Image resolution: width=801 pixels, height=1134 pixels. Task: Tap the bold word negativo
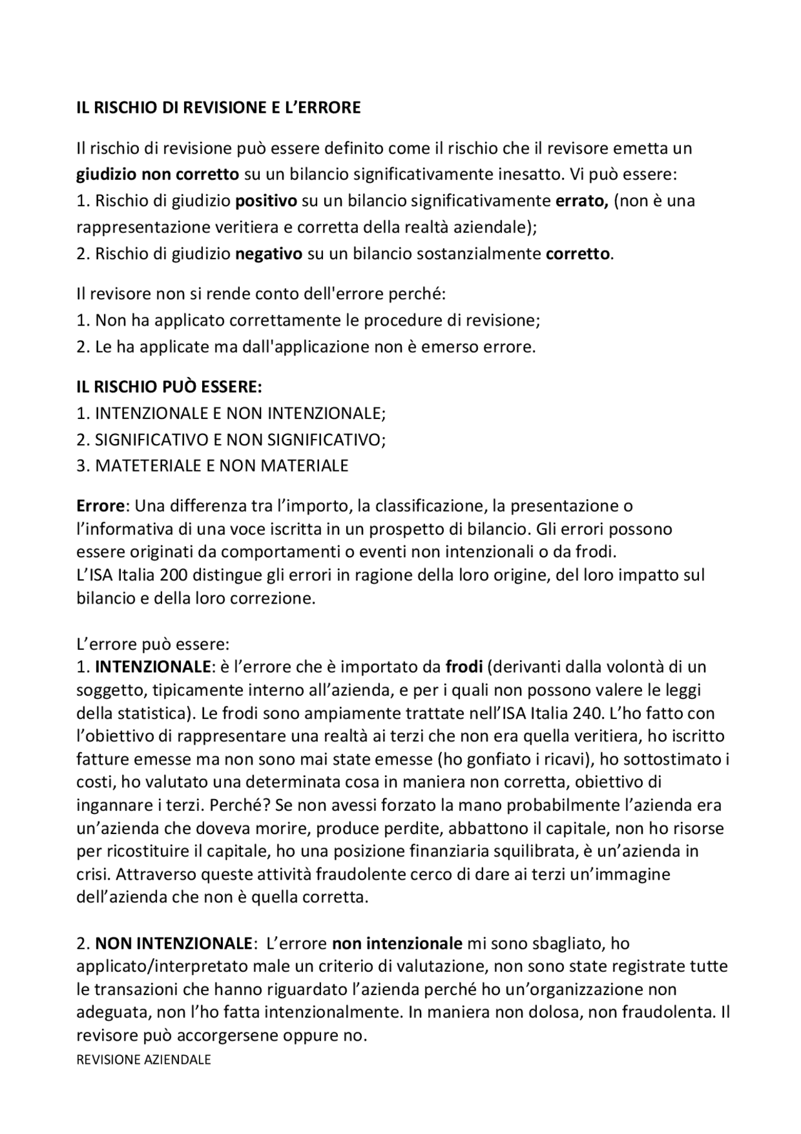click(268, 254)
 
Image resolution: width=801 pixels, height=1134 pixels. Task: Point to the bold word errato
click(581, 201)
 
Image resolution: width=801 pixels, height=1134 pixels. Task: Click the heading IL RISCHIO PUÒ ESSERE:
click(169, 387)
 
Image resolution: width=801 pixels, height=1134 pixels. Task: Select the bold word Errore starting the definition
click(101, 505)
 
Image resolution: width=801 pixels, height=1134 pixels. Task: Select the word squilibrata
click(533, 852)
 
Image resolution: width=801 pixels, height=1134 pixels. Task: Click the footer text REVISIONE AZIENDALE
click(143, 1059)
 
